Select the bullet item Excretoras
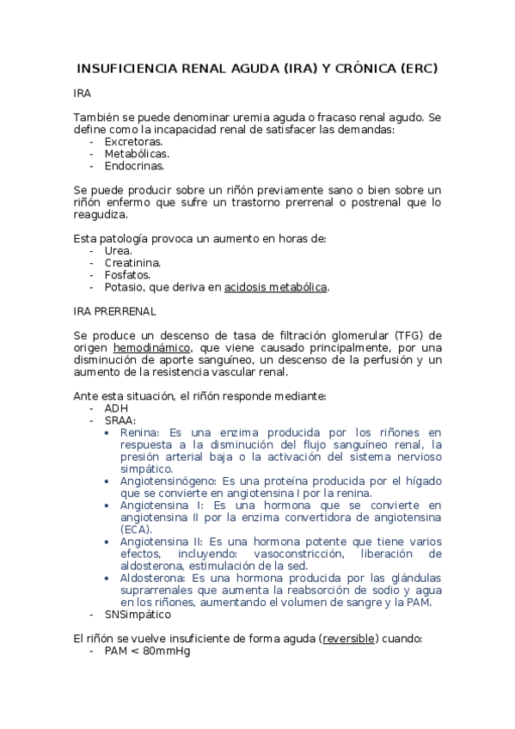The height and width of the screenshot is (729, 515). tap(133, 141)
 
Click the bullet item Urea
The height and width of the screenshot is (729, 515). tap(119, 250)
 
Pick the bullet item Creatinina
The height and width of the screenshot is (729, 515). tap(132, 262)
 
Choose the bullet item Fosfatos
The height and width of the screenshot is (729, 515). tap(127, 274)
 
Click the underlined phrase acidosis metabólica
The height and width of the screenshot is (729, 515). tap(275, 286)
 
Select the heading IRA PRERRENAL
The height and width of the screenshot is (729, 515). tap(114, 311)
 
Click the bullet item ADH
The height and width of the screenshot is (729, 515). tap(116, 408)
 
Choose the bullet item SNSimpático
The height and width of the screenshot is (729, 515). tap(138, 615)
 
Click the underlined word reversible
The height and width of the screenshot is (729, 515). tap(349, 640)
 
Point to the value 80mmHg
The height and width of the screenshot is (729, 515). tap(167, 652)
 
